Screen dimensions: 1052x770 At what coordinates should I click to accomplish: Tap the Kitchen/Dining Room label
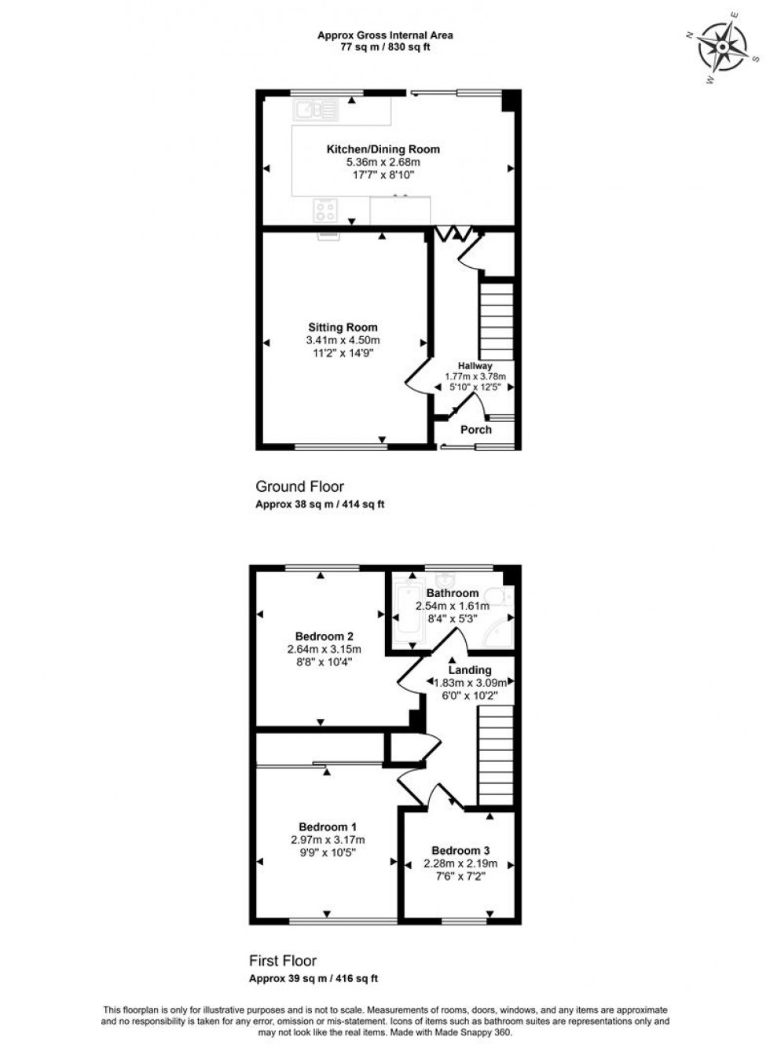coord(383,149)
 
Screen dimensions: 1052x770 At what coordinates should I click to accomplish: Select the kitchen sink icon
coord(315,110)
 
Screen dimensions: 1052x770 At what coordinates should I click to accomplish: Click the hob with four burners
coord(325,210)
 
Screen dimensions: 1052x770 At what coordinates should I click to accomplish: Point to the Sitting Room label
coord(343,328)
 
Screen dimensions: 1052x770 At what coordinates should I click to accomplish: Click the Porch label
coord(476,430)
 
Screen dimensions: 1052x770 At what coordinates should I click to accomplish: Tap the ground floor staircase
coord(496,321)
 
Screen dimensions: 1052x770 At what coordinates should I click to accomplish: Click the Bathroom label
coord(453,593)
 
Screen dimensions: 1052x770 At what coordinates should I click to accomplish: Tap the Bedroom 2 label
coord(324,636)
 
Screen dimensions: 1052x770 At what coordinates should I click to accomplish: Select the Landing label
coord(470,670)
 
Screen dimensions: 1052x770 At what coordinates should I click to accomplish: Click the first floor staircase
coord(495,754)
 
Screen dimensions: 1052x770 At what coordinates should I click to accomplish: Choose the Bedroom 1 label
coord(328,827)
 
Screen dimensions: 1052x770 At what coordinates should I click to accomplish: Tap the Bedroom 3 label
coord(460,850)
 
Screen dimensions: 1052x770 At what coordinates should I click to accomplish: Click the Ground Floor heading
coord(299,487)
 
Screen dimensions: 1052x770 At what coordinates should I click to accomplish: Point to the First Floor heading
coord(283,961)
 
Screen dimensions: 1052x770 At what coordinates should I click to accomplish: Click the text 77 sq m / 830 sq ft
coord(385,47)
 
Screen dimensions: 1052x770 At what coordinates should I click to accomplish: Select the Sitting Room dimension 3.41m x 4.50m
coord(343,340)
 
